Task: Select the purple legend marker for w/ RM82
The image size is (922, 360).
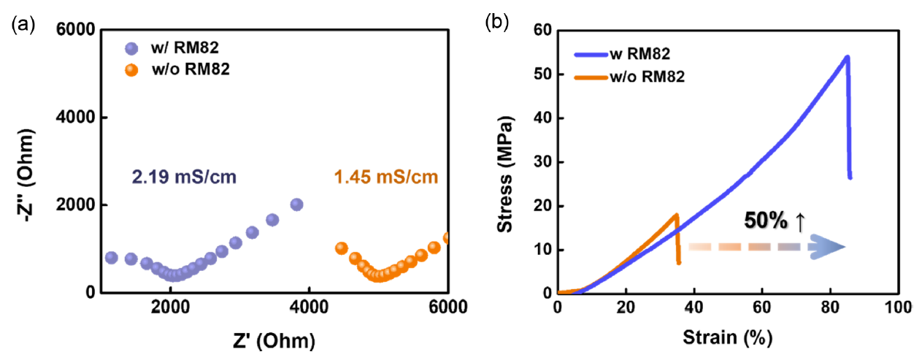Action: point(131,50)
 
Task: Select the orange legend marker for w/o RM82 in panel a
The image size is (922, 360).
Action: point(131,70)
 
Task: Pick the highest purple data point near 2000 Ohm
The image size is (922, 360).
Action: point(296,204)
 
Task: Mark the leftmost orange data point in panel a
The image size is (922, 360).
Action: point(341,248)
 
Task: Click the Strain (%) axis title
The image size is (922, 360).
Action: point(728,338)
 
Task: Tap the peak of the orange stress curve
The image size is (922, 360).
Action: point(677,215)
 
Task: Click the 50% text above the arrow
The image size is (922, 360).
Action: point(766,221)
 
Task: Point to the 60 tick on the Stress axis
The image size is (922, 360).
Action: point(541,31)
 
